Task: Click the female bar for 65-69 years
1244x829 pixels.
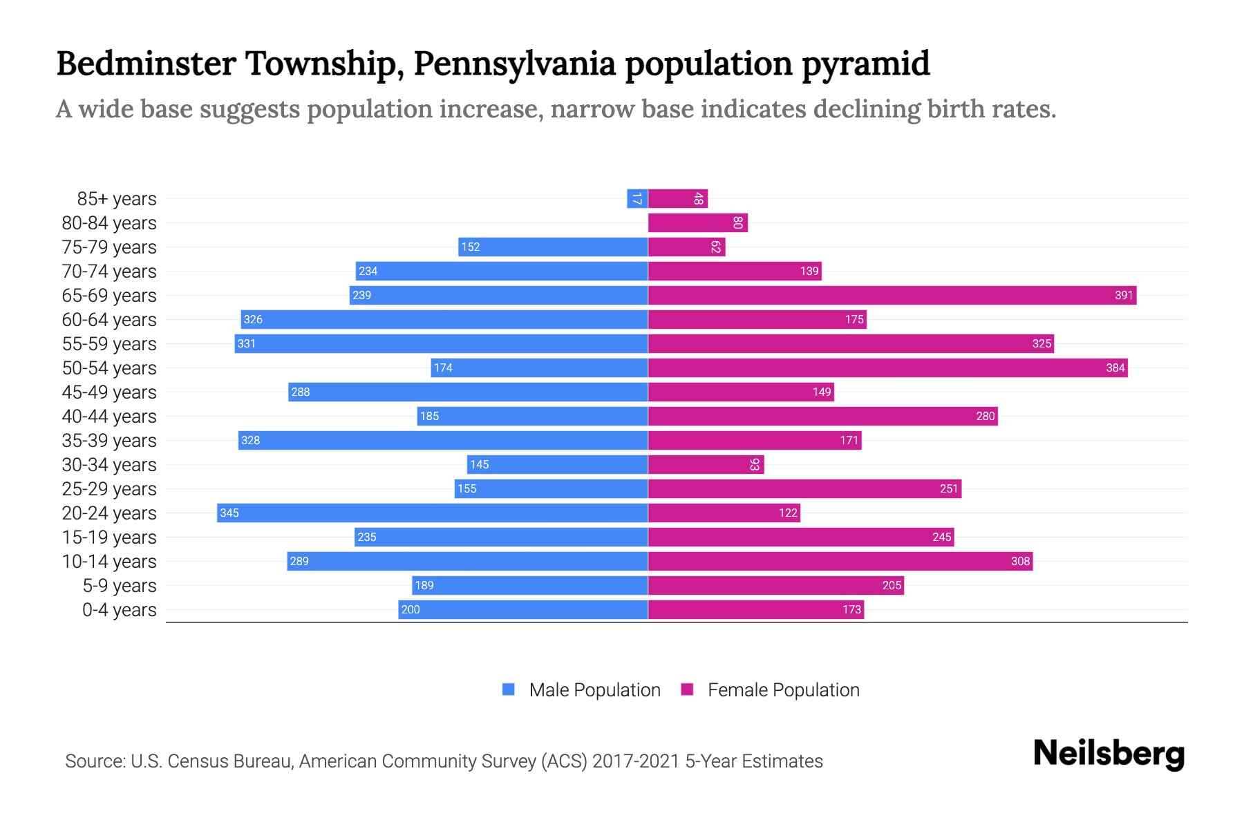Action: click(x=892, y=296)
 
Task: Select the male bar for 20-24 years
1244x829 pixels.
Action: click(x=432, y=513)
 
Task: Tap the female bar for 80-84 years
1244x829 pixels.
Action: click(x=698, y=223)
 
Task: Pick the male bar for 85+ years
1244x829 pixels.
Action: click(x=637, y=199)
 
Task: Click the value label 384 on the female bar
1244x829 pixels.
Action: click(x=1115, y=368)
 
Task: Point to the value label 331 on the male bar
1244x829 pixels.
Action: click(x=247, y=344)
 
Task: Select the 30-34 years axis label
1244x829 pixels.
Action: click(x=109, y=465)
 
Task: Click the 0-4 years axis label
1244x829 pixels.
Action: click(x=119, y=610)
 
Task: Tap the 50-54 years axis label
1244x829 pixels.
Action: click(x=109, y=368)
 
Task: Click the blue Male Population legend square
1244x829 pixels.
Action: click(x=509, y=689)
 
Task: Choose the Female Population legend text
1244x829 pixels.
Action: click(x=783, y=690)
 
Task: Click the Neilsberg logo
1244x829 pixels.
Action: click(x=1109, y=754)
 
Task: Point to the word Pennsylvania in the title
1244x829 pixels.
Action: click(x=515, y=64)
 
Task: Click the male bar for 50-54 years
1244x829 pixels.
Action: click(x=539, y=368)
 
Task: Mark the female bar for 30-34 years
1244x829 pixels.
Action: click(x=706, y=465)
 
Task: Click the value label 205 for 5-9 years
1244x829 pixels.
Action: click(x=892, y=586)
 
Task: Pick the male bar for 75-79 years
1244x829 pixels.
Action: click(x=553, y=247)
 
